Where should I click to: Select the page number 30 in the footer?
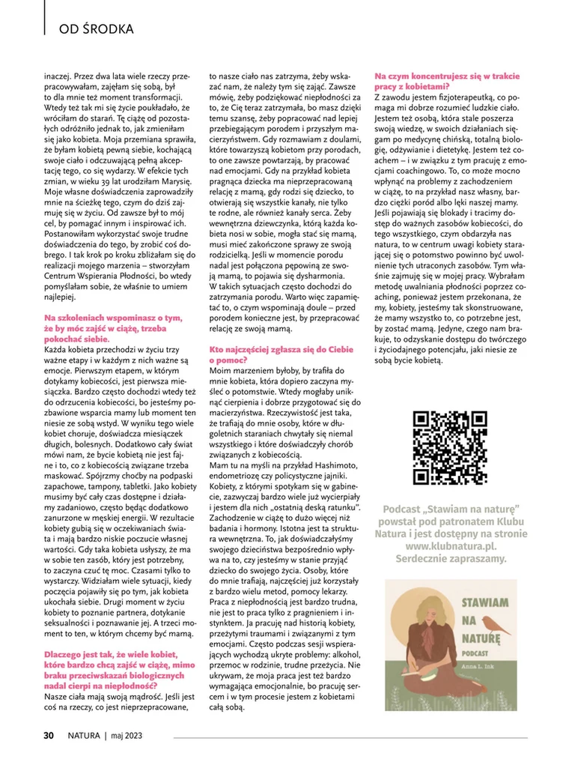coord(47,735)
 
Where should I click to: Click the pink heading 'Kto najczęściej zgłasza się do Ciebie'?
coord(281,350)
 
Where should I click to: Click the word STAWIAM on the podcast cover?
coord(487,602)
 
